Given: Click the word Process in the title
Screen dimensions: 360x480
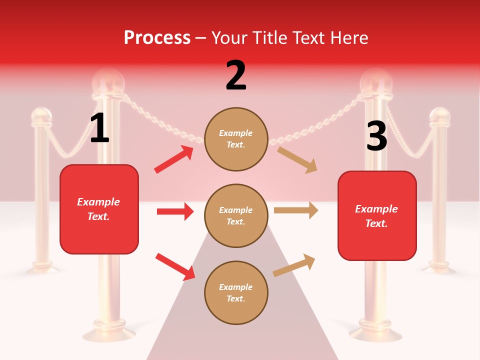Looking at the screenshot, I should tap(157, 38).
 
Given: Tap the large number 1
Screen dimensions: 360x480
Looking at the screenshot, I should tap(99, 128).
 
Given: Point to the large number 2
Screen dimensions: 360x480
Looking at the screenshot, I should tap(236, 75).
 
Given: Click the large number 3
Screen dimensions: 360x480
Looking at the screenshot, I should tap(376, 136).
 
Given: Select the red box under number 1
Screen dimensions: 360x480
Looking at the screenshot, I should tap(99, 209).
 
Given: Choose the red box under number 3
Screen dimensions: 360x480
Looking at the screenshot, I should tap(377, 215).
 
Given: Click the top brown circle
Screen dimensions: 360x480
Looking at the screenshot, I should tap(236, 139).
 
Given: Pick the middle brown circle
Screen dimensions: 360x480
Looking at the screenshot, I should tap(236, 215).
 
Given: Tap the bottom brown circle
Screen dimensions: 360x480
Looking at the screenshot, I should tap(236, 292).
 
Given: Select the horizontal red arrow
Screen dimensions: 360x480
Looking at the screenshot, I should tap(175, 211).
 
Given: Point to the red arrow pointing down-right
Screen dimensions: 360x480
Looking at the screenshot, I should tap(175, 266).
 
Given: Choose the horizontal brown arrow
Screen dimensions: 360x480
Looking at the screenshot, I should tap(296, 210).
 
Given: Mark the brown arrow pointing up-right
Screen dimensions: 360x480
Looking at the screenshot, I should tap(294, 265).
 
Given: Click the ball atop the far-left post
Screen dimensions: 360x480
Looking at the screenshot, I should tap(41, 116).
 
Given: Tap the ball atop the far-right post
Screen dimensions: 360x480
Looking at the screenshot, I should tap(440, 116).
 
